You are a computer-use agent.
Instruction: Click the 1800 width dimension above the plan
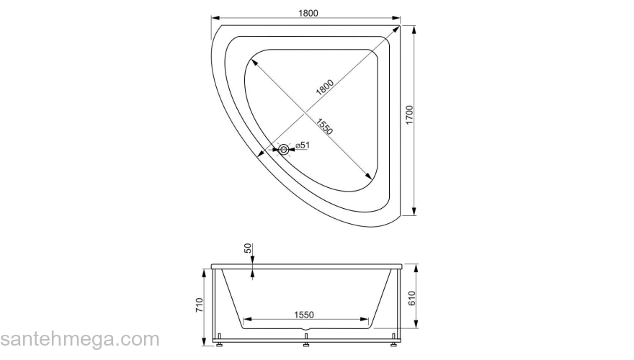coord(308,13)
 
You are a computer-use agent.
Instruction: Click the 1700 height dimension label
coord(410,115)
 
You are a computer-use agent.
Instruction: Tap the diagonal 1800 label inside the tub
coord(325,87)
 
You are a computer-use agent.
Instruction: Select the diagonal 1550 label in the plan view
coord(324,127)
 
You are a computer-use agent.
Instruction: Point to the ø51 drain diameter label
coord(303,145)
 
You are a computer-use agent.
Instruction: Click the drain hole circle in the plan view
coord(284,150)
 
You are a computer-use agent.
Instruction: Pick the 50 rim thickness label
coord(248,248)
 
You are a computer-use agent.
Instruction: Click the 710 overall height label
coord(199,305)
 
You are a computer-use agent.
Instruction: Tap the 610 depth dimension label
coord(411,298)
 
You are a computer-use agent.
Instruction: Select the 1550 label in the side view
coord(303,315)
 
